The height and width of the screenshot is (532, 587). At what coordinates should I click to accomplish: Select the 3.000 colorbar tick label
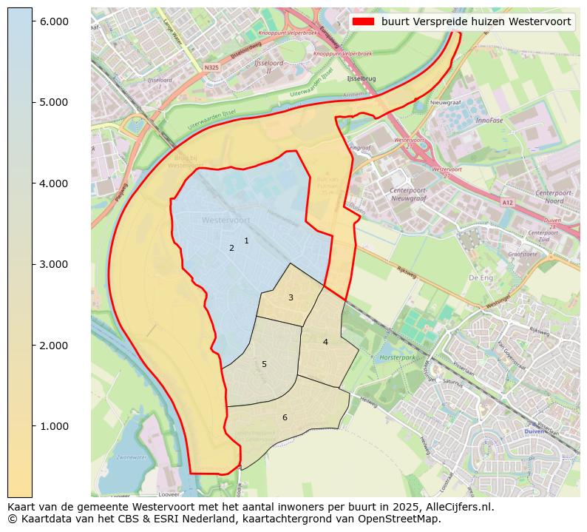(54, 264)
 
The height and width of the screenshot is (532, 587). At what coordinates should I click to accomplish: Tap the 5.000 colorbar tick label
(54, 102)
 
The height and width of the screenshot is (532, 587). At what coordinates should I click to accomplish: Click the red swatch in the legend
(363, 22)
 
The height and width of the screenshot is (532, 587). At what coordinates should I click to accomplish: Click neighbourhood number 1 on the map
(246, 240)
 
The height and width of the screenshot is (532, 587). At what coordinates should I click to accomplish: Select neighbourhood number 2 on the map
(231, 248)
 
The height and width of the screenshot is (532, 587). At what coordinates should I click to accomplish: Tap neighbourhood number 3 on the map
(291, 297)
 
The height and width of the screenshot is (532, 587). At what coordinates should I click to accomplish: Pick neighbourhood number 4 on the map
(325, 342)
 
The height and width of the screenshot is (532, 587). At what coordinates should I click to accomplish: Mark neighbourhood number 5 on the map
(264, 364)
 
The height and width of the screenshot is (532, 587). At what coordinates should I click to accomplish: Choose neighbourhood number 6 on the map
(285, 417)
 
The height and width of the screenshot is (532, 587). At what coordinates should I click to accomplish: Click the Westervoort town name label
(225, 220)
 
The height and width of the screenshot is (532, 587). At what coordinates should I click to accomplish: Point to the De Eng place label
(481, 278)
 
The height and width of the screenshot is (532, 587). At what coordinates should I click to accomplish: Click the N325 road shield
(211, 67)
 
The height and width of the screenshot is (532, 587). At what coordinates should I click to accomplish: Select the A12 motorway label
(506, 202)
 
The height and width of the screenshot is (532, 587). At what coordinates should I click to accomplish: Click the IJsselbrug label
(362, 78)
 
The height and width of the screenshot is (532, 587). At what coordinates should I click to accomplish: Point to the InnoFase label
(489, 120)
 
